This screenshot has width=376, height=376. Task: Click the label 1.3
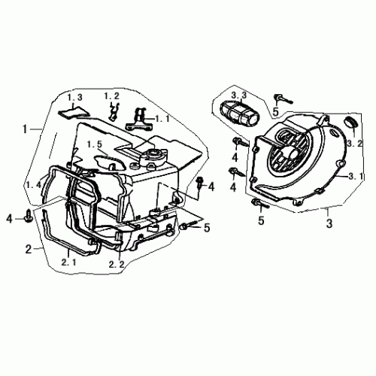[74, 98]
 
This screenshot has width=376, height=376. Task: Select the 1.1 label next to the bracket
[163, 119]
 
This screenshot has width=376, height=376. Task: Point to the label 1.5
[93, 144]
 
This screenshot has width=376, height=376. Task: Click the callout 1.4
[33, 185]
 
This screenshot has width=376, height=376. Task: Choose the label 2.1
[69, 263]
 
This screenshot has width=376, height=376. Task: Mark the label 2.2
[116, 264]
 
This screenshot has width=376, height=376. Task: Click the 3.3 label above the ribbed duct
[239, 95]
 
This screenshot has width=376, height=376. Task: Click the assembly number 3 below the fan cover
[329, 223]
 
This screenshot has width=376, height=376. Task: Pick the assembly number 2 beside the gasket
[29, 248]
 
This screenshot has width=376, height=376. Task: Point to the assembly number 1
[27, 129]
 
